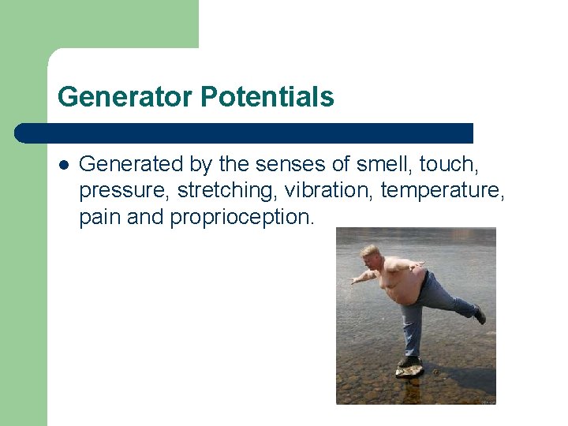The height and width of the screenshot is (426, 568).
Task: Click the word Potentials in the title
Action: point(267,97)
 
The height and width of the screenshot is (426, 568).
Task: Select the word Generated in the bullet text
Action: point(131,164)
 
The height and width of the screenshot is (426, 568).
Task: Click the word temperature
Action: point(448,191)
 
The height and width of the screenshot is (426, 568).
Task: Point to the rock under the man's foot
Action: point(409,371)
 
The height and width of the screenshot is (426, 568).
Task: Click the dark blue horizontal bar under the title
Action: point(245,133)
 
